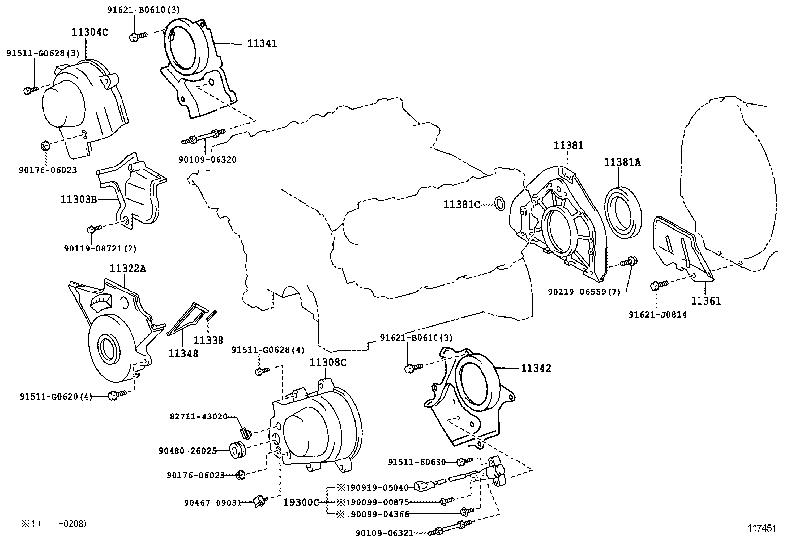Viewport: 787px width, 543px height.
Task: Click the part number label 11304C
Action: [89, 33]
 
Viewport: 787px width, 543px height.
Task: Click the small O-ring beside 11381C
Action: [499, 203]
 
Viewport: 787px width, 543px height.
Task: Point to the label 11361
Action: [705, 301]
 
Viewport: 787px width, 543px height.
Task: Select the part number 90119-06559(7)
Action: [583, 292]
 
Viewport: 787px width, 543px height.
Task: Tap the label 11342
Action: [535, 368]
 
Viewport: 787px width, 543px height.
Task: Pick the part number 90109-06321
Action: [384, 533]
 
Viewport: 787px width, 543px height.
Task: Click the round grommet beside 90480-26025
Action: [238, 450]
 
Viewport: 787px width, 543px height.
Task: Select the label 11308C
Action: [328, 362]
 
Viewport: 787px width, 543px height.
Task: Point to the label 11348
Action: [183, 353]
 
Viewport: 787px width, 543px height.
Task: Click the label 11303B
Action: [78, 199]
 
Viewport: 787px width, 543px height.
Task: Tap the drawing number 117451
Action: [762, 528]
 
